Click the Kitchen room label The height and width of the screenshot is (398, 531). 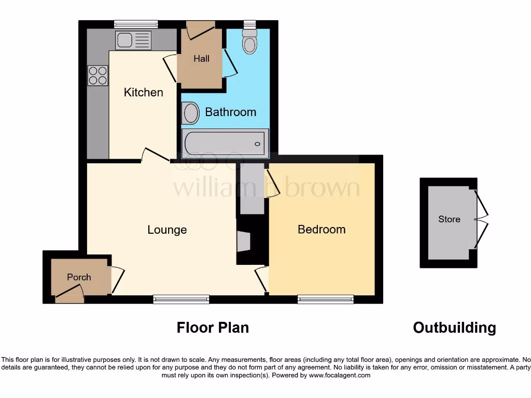pyautogui.click(x=144, y=92)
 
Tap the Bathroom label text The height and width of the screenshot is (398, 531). pyautogui.click(x=230, y=112)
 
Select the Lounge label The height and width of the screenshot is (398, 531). pyautogui.click(x=167, y=230)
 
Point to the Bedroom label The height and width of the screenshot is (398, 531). pyautogui.click(x=322, y=229)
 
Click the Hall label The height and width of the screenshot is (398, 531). pyautogui.click(x=202, y=59)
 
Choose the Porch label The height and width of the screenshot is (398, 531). pyautogui.click(x=79, y=277)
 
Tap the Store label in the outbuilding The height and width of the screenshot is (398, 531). pyautogui.click(x=449, y=219)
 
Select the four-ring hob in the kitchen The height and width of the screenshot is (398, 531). pyautogui.click(x=98, y=76)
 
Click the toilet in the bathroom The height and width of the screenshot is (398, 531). pyautogui.click(x=250, y=41)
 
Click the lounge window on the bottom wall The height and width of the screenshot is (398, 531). pyautogui.click(x=181, y=299)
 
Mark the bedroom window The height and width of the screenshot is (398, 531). pyautogui.click(x=326, y=299)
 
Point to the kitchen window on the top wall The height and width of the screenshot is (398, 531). pyautogui.click(x=136, y=24)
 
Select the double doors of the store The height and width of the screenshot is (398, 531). pyautogui.click(x=482, y=220)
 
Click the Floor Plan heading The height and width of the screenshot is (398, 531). pyautogui.click(x=213, y=328)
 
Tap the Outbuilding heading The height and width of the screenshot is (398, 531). pyautogui.click(x=454, y=328)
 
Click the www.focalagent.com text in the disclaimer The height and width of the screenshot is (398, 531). pyautogui.click(x=339, y=375)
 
